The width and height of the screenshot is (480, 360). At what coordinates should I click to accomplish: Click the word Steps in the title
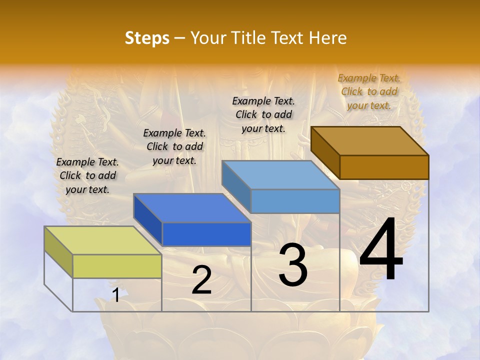click(x=147, y=38)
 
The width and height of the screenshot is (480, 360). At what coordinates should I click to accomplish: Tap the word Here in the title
click(x=328, y=38)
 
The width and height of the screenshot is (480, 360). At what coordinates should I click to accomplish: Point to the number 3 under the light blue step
click(x=293, y=265)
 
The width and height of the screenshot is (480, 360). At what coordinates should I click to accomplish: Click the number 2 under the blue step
click(x=201, y=280)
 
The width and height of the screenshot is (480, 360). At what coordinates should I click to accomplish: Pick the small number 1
click(x=115, y=295)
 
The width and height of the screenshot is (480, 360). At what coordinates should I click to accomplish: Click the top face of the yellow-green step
click(x=102, y=240)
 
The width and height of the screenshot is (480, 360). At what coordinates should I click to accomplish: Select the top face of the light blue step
click(x=280, y=175)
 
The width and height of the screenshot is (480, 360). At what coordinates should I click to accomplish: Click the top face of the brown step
click(x=369, y=141)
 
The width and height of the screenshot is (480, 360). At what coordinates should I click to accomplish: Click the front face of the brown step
click(x=384, y=167)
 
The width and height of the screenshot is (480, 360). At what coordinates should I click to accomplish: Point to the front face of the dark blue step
click(x=206, y=234)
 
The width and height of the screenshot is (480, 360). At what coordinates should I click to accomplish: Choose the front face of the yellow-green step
click(x=117, y=266)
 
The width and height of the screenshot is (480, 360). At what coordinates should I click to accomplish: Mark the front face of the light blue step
click(x=295, y=201)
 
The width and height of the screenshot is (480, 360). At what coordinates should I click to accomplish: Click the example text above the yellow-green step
click(x=87, y=175)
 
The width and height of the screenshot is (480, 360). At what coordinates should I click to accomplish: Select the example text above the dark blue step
click(x=174, y=146)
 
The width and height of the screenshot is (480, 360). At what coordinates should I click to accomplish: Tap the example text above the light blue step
click(x=263, y=114)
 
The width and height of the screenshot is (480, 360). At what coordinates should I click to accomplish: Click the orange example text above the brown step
click(x=369, y=91)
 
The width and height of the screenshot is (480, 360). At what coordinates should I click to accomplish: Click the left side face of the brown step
click(x=325, y=152)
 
